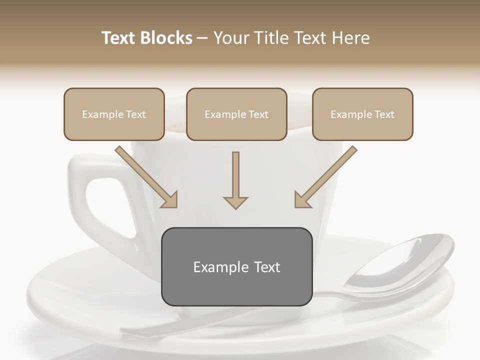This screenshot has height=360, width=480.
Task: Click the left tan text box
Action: click(x=114, y=114)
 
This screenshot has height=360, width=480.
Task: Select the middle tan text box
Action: click(x=236, y=114)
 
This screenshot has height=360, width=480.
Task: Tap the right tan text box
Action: click(x=362, y=114)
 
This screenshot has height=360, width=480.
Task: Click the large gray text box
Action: click(x=236, y=266)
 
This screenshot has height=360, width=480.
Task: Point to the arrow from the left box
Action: click(x=146, y=177)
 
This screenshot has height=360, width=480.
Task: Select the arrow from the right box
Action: click(x=325, y=177)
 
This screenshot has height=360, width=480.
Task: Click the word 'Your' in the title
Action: click(x=230, y=38)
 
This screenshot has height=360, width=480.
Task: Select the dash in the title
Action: click(x=203, y=38)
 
